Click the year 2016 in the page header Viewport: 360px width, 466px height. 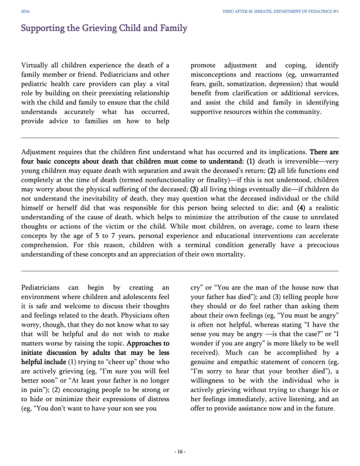click(x=24, y=10)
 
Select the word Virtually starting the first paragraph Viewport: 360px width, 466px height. click(x=36, y=66)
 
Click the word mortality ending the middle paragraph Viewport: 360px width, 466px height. click(x=229, y=254)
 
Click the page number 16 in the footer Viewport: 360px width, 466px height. click(x=179, y=451)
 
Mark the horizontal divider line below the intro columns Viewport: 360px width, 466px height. click(x=179, y=137)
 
